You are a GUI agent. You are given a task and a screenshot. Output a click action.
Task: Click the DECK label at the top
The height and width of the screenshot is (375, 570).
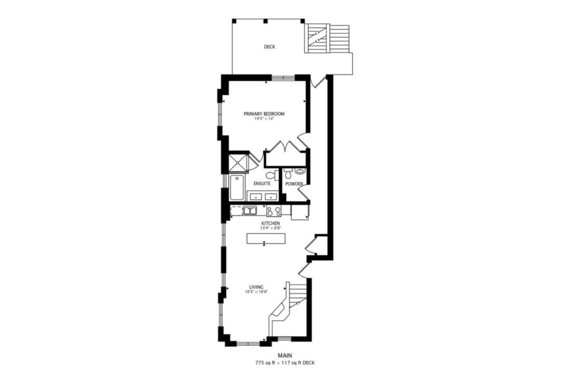click(x=269, y=47)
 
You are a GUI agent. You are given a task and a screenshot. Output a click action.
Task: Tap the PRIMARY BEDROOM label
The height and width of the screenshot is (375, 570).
click(x=264, y=114)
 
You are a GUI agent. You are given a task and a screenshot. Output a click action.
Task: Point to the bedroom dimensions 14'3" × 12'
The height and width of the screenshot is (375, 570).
click(x=264, y=119)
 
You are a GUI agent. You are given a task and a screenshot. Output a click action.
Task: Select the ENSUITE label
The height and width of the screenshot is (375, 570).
click(x=262, y=184)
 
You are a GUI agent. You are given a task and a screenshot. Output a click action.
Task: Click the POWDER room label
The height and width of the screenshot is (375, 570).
click(x=294, y=184)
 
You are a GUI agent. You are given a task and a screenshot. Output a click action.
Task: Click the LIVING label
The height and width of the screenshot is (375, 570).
click(x=256, y=287)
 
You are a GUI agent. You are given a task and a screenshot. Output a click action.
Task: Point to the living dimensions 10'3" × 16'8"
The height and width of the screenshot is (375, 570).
click(x=256, y=292)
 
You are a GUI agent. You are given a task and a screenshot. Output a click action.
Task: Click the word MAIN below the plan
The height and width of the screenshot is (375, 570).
click(x=285, y=356)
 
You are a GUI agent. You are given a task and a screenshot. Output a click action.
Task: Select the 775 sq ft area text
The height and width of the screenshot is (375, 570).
click(x=268, y=363)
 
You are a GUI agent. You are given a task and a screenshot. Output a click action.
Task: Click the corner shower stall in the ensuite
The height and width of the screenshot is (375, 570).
click(x=238, y=163)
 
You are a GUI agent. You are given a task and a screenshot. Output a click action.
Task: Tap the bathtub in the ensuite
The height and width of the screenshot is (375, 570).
click(x=236, y=188)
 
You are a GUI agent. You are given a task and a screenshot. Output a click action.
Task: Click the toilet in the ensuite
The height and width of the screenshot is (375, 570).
click(x=272, y=175)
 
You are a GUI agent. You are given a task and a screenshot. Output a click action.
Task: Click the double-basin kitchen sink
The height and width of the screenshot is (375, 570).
click(x=250, y=211)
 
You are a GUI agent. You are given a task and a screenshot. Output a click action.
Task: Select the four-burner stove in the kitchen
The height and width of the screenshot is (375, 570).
click(x=273, y=211)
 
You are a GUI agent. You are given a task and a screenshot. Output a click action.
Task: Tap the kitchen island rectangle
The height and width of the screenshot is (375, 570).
click(x=266, y=239)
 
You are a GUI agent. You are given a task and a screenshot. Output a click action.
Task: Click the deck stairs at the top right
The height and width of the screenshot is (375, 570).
click(x=327, y=38)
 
